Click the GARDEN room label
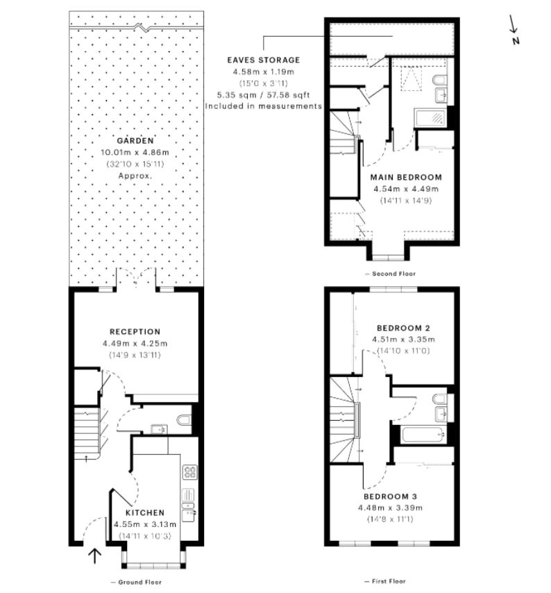click(135, 140)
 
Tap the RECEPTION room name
click(135, 332)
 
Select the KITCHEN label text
click(144, 513)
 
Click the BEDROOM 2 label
click(405, 328)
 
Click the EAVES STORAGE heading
click(266, 60)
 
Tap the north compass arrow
click(514, 26)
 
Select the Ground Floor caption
click(137, 582)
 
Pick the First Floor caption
click(384, 581)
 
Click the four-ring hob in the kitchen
click(189, 472)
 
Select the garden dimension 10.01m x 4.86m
click(135, 153)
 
